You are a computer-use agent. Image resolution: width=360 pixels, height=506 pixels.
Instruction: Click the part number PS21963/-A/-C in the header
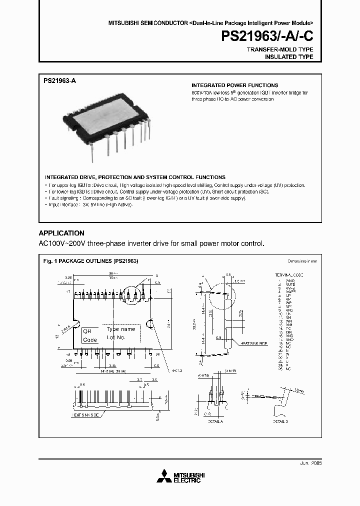click(x=267, y=36)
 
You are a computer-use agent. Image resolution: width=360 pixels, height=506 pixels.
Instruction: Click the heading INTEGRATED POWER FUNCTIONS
click(x=235, y=85)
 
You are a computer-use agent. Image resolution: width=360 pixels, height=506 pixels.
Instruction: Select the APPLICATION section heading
click(x=61, y=233)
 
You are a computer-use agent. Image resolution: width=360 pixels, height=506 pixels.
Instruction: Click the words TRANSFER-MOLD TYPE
click(x=280, y=50)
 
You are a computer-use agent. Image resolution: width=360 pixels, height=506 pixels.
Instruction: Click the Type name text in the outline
click(x=121, y=329)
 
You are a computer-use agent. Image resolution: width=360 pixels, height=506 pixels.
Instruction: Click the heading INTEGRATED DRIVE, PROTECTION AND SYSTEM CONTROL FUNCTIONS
click(x=135, y=177)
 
